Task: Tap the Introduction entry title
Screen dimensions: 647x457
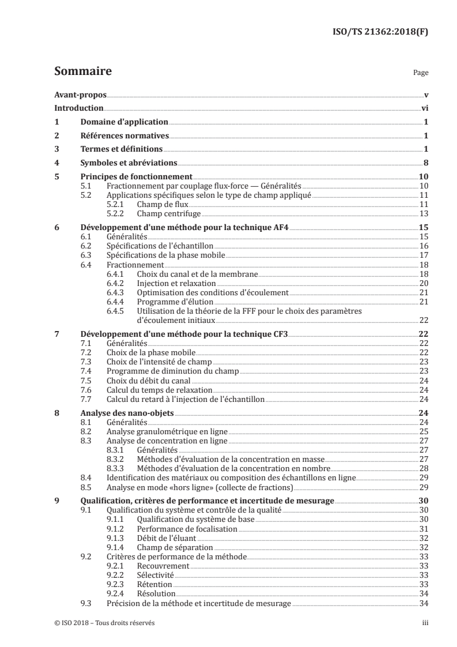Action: pos(79,108)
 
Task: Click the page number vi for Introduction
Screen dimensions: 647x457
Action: pos(424,108)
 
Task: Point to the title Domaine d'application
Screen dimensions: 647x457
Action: pos(123,122)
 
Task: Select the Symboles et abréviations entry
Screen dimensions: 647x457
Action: pos(128,163)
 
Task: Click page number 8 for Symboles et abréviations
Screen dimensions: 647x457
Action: pos(425,163)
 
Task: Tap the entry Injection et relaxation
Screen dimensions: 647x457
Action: pos(176,284)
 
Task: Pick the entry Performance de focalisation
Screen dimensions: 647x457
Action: pos(179,529)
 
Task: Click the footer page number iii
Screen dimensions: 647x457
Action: pos(425,623)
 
